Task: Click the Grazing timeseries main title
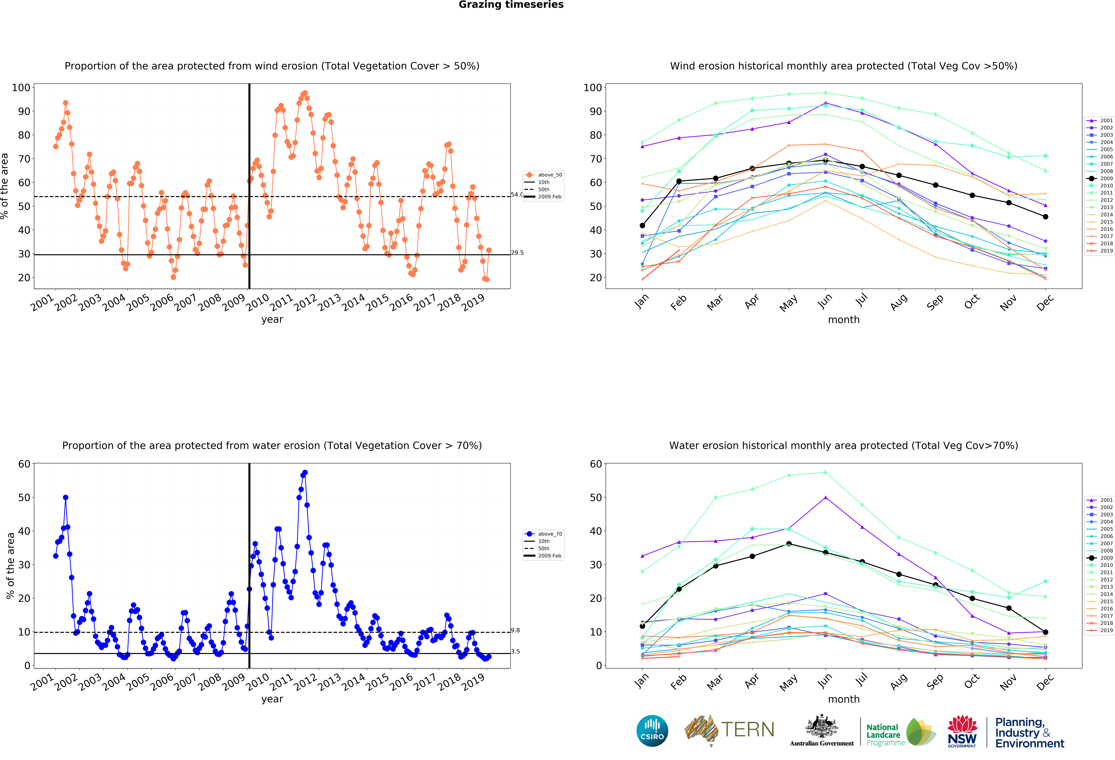(x=511, y=5)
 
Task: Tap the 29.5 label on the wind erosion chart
(x=517, y=253)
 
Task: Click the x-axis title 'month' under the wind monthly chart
(x=843, y=319)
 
